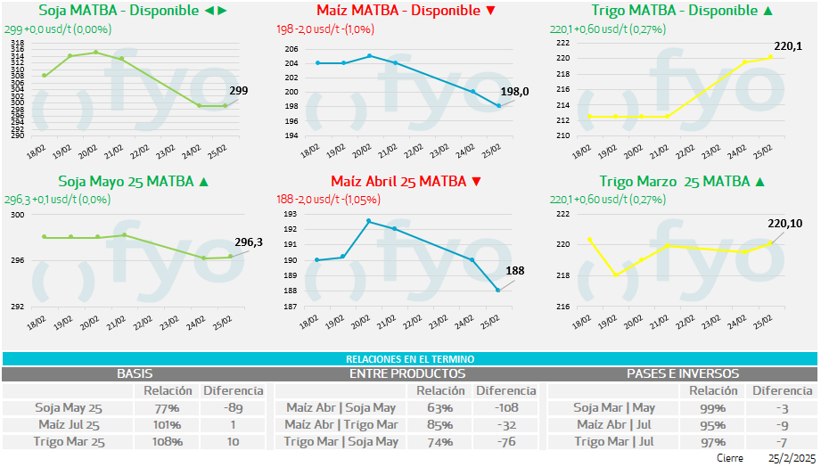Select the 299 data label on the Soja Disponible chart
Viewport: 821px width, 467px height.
click(238, 91)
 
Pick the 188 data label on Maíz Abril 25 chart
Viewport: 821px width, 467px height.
click(515, 271)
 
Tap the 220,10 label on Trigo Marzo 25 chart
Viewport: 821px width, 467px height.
click(784, 224)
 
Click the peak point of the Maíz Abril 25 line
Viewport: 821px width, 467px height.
click(369, 221)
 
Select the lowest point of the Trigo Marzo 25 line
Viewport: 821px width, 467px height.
click(615, 274)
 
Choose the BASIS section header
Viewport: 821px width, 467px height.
click(135, 373)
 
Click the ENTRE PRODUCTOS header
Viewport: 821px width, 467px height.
click(407, 373)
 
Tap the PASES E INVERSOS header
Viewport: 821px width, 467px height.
click(682, 373)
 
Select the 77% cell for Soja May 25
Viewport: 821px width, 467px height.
click(167, 407)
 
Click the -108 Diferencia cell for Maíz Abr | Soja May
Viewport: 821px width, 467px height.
click(506, 407)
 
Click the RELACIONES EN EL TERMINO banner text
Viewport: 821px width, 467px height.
click(410, 358)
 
